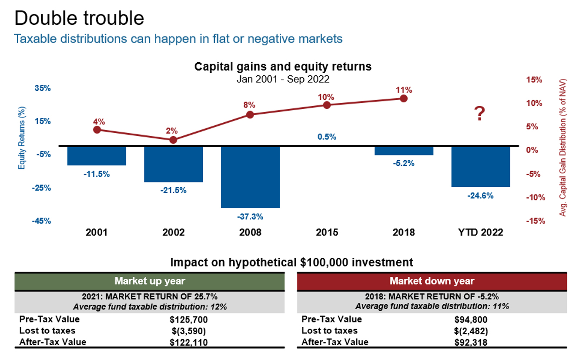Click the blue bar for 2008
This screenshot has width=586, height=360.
pos(250,177)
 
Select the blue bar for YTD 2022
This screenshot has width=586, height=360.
pos(480,166)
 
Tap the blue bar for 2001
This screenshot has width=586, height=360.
pos(97,156)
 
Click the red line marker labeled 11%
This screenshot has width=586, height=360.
pos(403,98)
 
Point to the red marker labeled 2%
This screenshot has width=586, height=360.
pos(173,140)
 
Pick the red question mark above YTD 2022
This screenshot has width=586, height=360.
pos(479,114)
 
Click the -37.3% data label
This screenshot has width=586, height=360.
pos(250,216)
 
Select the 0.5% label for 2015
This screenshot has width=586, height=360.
pos(327,137)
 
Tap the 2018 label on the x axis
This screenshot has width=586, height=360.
pos(403,232)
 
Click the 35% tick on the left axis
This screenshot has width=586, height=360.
pos(43,88)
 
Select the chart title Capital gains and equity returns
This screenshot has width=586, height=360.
pos(283,67)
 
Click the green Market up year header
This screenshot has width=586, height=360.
pos(150,281)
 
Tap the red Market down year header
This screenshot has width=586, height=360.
pos(432,281)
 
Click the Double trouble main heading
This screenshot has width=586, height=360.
pos(79,18)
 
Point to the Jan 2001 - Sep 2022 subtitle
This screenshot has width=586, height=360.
pos(283,79)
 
